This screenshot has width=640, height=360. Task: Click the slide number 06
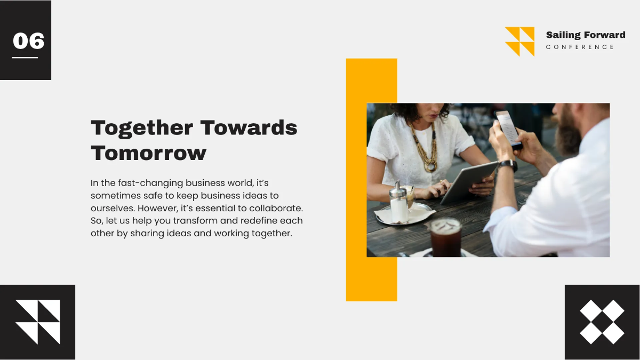pyautogui.click(x=28, y=41)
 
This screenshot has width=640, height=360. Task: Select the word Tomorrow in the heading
pyautogui.click(x=148, y=153)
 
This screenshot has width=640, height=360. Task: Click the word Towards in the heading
pyautogui.click(x=249, y=128)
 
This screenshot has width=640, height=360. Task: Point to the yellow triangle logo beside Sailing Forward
pyautogui.click(x=519, y=42)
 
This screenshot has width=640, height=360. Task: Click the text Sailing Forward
pyautogui.click(x=585, y=35)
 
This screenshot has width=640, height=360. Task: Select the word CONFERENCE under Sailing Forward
pyautogui.click(x=580, y=47)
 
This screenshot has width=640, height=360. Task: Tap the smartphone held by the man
pyautogui.click(x=508, y=128)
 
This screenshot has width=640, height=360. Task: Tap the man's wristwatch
pyautogui.click(x=508, y=165)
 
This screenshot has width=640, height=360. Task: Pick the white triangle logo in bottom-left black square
pyautogui.click(x=37, y=322)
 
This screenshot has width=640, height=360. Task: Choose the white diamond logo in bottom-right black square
pyautogui.click(x=602, y=322)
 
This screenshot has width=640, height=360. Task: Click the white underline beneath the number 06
pyautogui.click(x=25, y=58)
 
